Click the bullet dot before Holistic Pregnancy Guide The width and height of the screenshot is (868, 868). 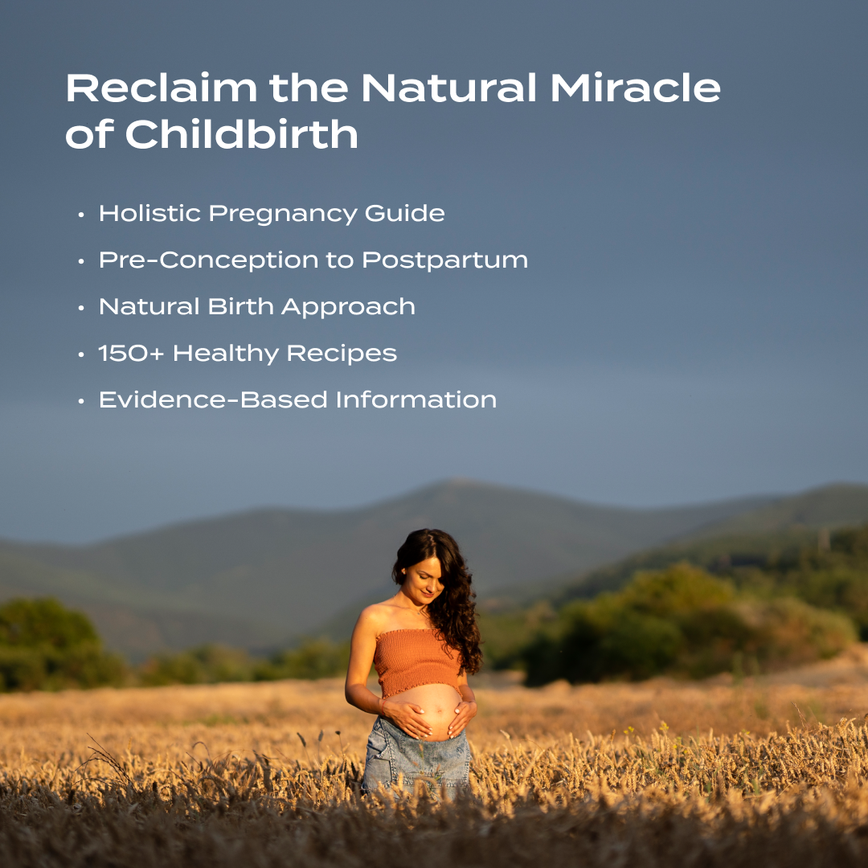81,215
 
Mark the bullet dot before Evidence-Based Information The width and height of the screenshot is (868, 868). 81,401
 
